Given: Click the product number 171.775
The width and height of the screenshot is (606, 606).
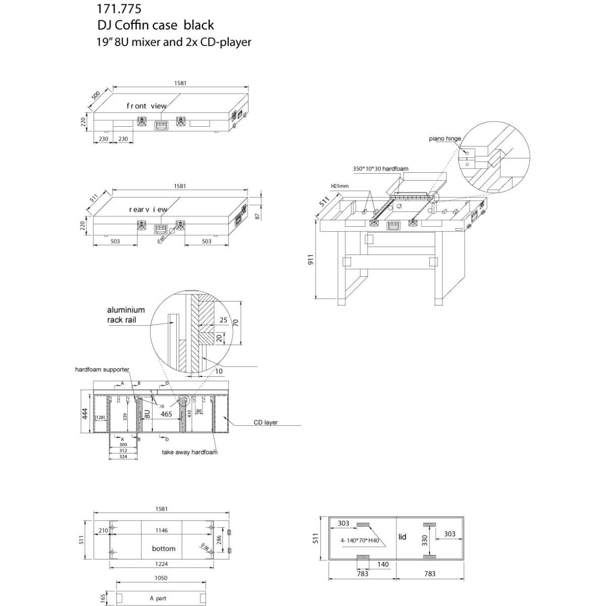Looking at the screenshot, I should tap(119, 9).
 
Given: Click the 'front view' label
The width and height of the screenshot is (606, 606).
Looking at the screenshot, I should tap(146, 106).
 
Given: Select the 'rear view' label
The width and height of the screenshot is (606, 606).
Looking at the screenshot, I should tap(148, 209).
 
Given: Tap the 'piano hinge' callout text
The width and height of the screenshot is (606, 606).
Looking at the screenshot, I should tap(445, 138).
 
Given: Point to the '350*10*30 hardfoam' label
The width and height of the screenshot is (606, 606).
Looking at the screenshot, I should tap(380, 169).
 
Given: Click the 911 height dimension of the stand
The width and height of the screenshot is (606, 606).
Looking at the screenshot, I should tap(311, 260).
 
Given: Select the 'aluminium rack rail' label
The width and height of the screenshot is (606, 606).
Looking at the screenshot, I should tap(126, 315).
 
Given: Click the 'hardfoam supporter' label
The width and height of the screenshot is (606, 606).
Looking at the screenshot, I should tap(102, 370).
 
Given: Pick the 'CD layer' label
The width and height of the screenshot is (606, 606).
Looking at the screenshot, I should tap(266, 422).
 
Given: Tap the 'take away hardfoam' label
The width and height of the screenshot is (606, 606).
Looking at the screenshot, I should tap(189, 452).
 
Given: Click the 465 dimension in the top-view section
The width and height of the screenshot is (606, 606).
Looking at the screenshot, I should tap(166, 414).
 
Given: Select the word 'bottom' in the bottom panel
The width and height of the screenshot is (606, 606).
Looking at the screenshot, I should tap(164, 548).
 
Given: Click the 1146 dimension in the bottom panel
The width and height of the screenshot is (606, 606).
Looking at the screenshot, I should tap(162, 530).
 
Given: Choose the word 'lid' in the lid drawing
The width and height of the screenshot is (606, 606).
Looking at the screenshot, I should tap(402, 536).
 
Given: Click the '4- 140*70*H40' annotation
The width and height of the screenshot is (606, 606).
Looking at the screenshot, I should tap(359, 540).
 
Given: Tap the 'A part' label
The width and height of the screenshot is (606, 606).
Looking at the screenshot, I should tap(158, 598).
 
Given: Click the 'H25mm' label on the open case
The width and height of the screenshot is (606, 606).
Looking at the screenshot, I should tap(339, 186).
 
